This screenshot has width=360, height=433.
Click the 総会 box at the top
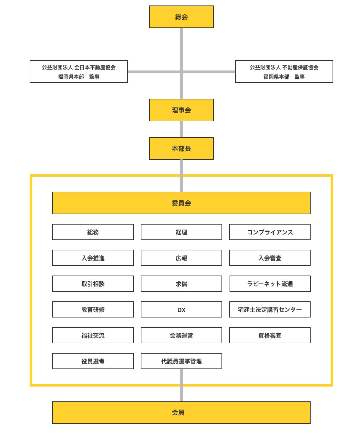tap(181, 17)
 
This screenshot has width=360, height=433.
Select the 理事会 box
tap(181, 110)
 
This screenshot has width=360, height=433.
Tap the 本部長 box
tap(181, 148)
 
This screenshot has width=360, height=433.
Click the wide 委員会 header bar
tap(181, 203)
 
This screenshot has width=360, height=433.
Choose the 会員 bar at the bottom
tap(181, 412)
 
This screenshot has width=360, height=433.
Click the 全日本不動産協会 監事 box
tap(79, 72)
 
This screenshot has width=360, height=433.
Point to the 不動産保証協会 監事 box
tap(284, 72)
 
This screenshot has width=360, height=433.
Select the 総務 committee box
tap(93, 232)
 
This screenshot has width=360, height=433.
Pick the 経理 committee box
tap(181, 232)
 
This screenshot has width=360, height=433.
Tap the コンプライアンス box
tap(270, 232)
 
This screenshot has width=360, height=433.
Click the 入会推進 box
tap(93, 258)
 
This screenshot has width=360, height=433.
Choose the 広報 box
tap(181, 258)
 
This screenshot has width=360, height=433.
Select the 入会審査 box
tap(270, 258)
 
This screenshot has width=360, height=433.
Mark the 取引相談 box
tap(93, 284)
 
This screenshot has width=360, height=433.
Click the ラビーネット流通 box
tap(270, 284)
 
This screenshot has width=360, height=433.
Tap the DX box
tap(181, 309)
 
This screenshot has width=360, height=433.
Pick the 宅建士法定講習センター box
tap(270, 309)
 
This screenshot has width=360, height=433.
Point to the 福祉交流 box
tap(93, 335)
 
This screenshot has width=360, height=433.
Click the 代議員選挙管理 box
tap(181, 361)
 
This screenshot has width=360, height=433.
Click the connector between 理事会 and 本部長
tap(181, 129)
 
